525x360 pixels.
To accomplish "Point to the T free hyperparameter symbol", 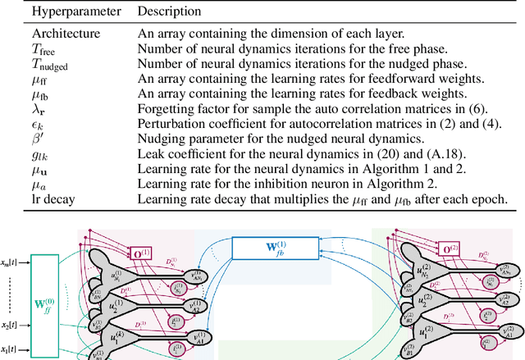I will [x=43, y=48].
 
